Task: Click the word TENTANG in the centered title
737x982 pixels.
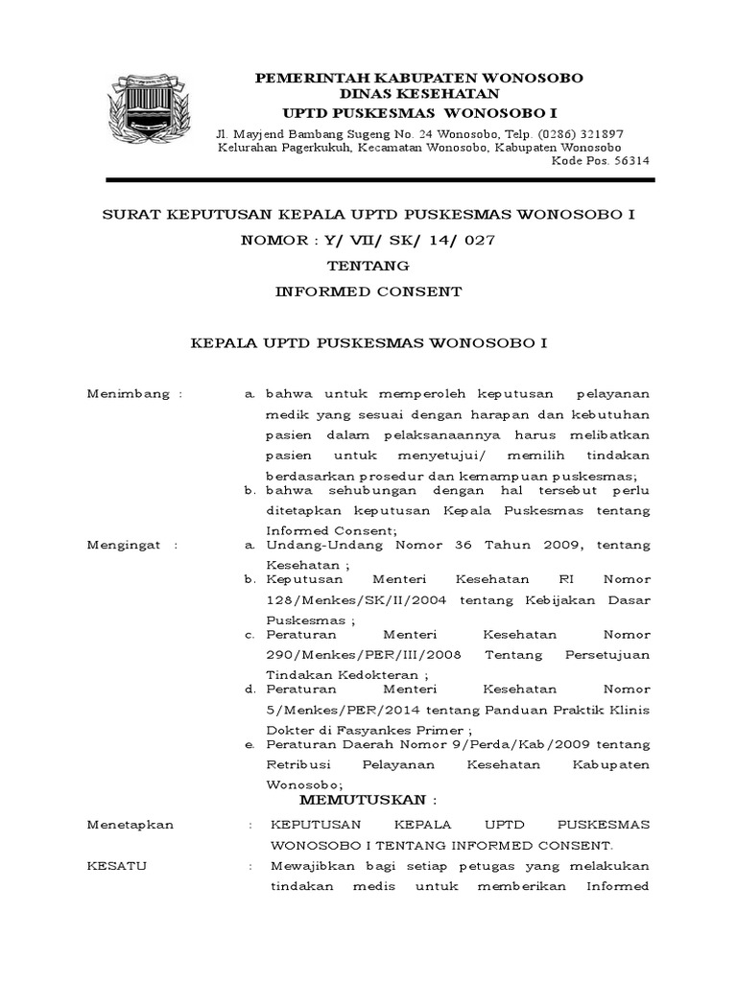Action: pos(368,266)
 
